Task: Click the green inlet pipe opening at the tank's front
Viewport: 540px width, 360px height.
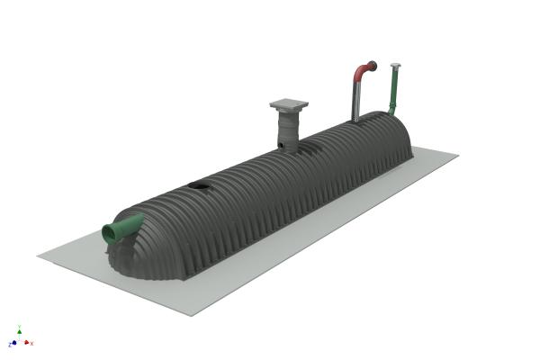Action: coord(112,234)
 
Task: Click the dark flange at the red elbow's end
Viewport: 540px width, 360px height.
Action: coord(373,65)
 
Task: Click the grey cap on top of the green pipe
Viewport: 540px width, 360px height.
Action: coord(395,65)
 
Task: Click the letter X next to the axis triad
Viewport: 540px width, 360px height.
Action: coord(33,343)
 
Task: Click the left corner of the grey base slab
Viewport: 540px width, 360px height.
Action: coord(38,256)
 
